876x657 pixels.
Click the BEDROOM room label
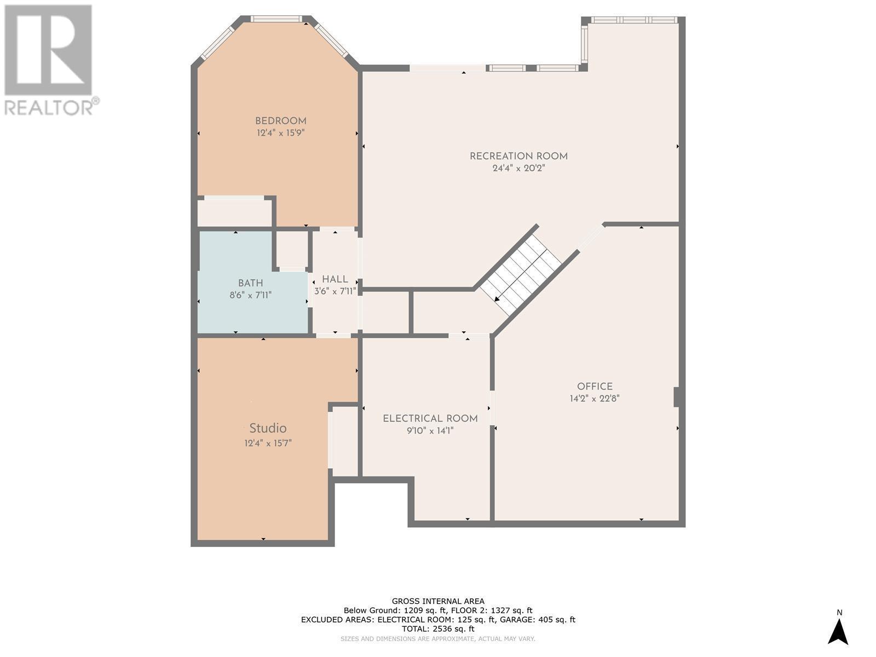tap(281, 120)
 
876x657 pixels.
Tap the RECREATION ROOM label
tap(518, 156)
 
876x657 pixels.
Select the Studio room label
tap(268, 428)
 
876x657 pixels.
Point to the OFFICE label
tap(595, 386)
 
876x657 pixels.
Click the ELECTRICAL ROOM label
tap(430, 418)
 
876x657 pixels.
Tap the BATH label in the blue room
tap(251, 283)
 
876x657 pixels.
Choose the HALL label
tap(335, 279)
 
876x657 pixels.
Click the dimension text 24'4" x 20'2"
tap(518, 168)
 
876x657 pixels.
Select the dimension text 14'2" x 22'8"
tap(595, 398)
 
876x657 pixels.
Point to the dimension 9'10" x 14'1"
tap(430, 430)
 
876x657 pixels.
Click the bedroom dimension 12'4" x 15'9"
tap(281, 132)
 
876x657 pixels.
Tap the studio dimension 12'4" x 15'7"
tap(268, 443)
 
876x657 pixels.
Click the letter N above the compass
tap(840, 612)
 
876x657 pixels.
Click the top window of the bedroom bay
tap(276, 19)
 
